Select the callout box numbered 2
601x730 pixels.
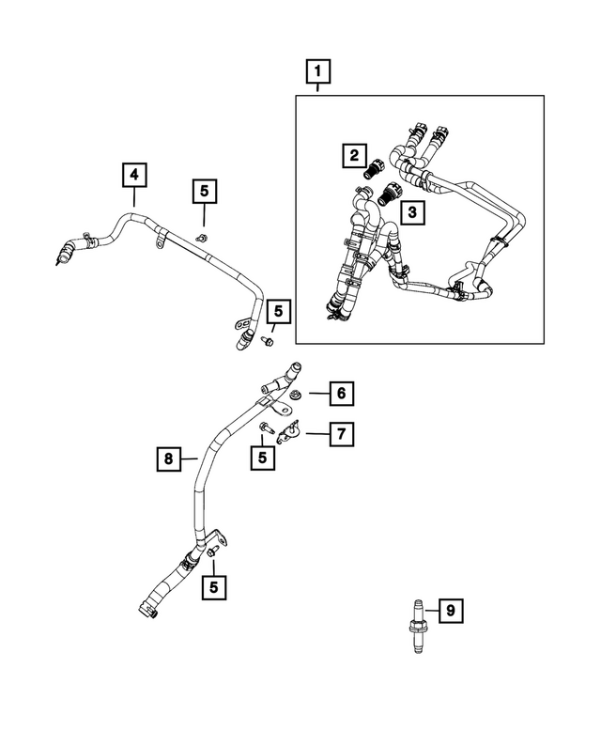coord(353,155)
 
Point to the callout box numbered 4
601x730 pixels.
coord(133,174)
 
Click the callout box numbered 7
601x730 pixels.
coord(341,433)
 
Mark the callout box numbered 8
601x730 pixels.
coord(168,458)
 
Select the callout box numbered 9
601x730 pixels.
coord(450,612)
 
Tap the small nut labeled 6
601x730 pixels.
coord(295,395)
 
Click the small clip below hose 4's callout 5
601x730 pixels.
coord(202,239)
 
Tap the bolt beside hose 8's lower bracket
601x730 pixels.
coord(212,554)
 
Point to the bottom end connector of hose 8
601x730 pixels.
coord(147,614)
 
